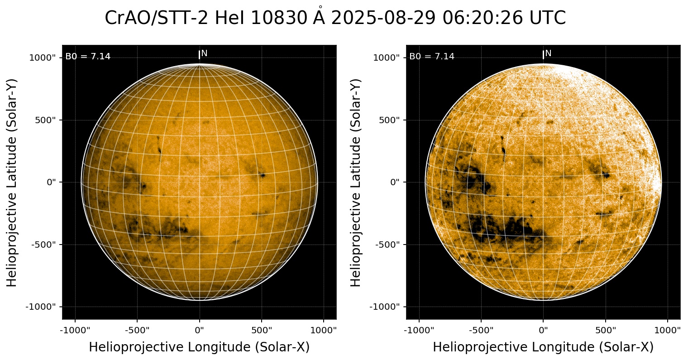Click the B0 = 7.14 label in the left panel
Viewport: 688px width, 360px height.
click(88, 57)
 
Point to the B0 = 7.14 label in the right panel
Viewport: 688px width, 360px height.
click(432, 57)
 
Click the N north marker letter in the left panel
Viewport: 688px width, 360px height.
click(204, 53)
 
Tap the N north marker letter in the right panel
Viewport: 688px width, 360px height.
click(548, 53)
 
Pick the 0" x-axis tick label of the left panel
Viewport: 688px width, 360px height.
click(200, 330)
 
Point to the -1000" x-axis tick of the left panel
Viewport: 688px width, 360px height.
click(75, 330)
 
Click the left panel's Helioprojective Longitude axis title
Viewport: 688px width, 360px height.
click(199, 347)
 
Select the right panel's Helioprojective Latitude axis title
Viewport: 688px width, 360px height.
click(356, 182)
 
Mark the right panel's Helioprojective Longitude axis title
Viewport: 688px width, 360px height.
click(543, 347)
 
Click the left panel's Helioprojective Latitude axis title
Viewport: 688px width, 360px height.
click(12, 182)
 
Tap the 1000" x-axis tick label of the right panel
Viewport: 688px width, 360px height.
click(668, 330)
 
